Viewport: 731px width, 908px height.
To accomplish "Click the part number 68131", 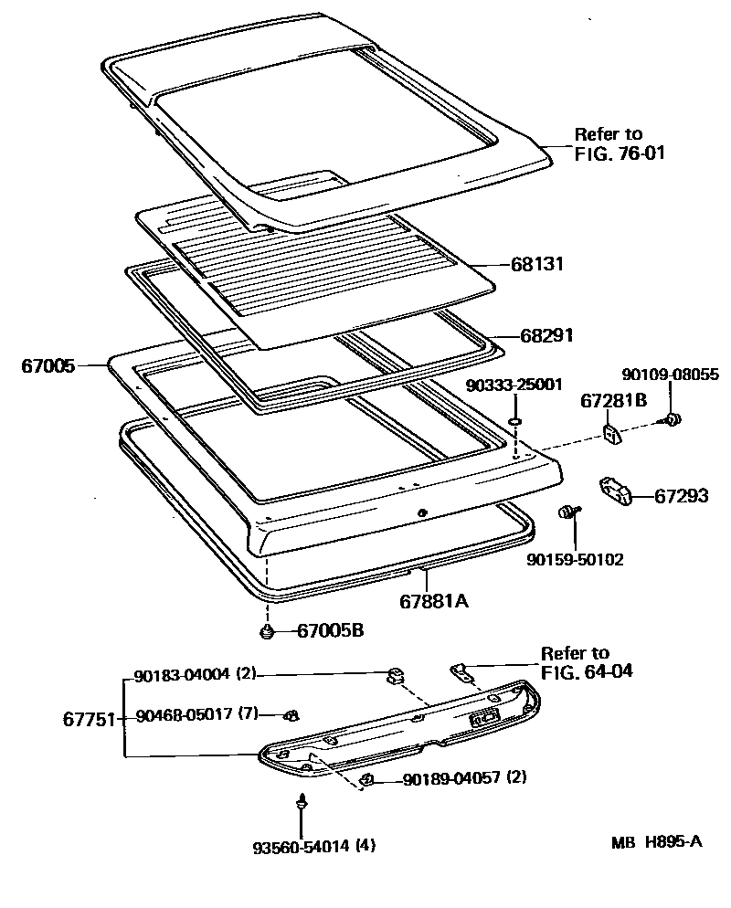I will pos(537,265).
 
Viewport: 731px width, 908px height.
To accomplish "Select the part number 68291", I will pos(546,335).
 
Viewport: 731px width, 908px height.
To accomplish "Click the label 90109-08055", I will pos(671,374).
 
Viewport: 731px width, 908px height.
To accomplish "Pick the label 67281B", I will pos(614,399).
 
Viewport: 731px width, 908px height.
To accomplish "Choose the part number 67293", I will pos(682,496).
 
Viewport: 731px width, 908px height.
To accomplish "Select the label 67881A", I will pos(434,601).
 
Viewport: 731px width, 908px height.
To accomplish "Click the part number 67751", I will pos(89,718).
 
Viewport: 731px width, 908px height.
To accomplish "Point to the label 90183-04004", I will pos(180,676).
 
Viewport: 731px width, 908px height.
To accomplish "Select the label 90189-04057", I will pos(450,778).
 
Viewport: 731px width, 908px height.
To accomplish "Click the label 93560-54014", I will pos(302,846).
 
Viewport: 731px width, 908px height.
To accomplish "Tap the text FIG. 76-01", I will pos(620,153).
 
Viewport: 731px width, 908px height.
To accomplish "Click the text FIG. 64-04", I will pos(587,671).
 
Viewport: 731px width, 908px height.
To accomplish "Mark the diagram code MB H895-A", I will pos(657,841).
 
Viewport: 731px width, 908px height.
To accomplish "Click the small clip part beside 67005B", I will pos(267,632).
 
